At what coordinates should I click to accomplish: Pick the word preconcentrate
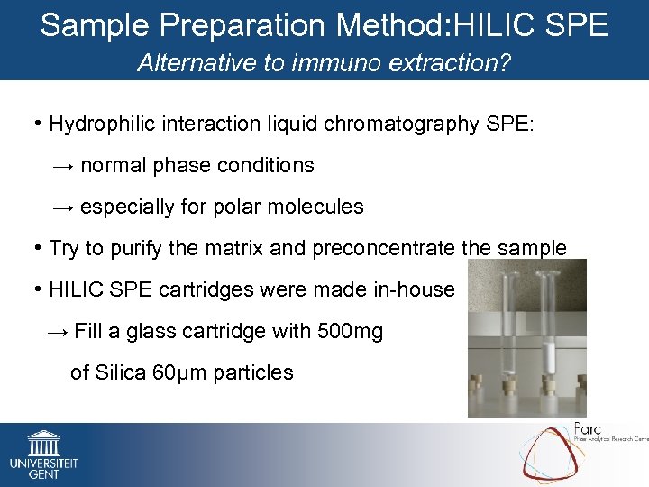click(x=380, y=248)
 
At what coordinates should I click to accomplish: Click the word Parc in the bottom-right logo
click(x=587, y=429)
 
